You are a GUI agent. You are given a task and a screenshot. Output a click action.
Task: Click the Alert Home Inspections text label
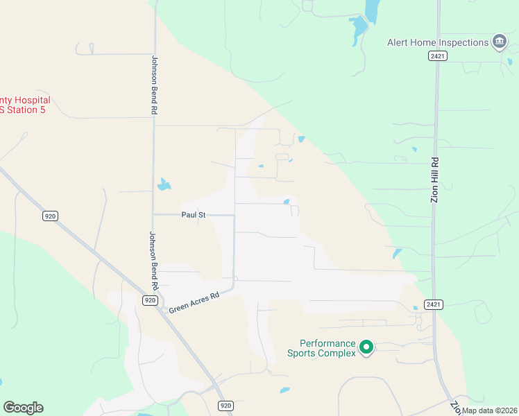(438, 42)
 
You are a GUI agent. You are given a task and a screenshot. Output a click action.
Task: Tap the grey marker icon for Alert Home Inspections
(499, 42)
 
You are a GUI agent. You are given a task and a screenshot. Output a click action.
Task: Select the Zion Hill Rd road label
(435, 180)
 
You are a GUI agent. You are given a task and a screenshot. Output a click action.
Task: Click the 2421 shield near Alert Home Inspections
(437, 57)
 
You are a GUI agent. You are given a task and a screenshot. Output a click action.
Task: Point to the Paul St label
(194, 215)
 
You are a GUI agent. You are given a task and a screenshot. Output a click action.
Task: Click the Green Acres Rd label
(194, 300)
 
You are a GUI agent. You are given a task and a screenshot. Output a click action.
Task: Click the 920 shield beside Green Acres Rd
(150, 300)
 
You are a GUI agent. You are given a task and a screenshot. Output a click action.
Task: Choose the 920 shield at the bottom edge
(225, 405)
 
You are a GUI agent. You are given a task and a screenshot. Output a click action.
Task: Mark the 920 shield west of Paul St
(50, 216)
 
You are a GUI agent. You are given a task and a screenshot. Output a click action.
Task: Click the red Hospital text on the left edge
(26, 101)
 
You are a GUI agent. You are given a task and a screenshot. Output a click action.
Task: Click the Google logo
(23, 408)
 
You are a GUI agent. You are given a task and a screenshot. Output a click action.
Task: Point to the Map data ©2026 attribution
(490, 410)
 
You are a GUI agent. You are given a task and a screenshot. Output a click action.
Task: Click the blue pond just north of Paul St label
(164, 184)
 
